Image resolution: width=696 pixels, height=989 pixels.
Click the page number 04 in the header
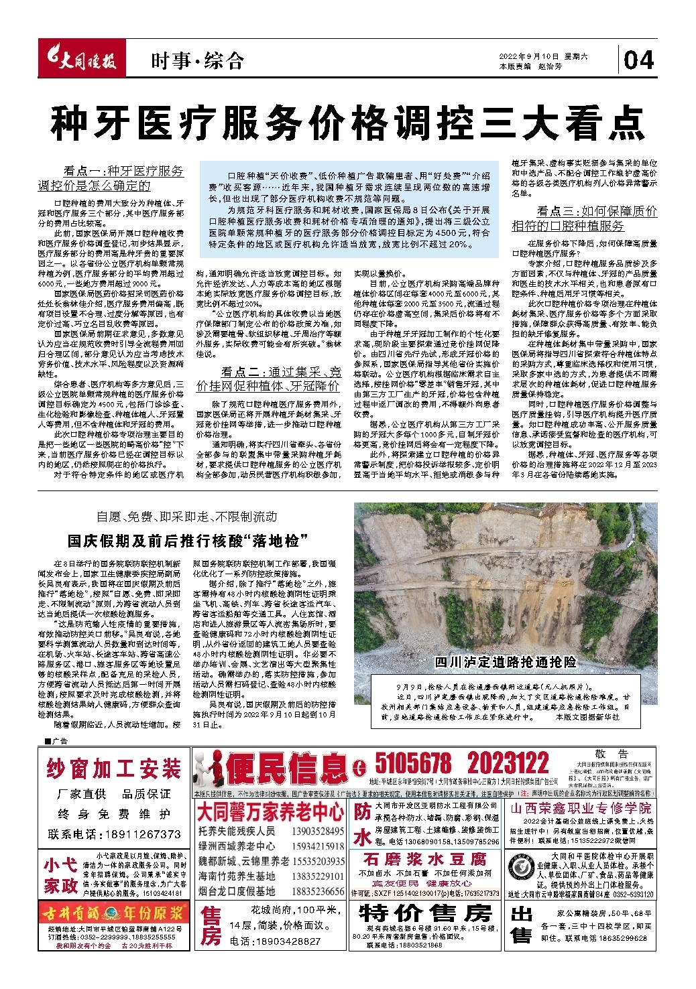click(x=638, y=60)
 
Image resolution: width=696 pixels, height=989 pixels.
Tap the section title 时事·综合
click(x=196, y=61)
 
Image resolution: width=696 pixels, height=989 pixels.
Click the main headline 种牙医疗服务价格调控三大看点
click(x=347, y=122)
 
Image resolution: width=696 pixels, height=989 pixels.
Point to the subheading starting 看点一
click(x=111, y=178)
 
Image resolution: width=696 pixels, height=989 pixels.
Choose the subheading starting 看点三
click(x=584, y=218)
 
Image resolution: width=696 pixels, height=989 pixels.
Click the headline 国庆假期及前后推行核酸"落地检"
click(x=187, y=540)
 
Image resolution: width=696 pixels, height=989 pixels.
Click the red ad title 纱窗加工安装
click(x=114, y=769)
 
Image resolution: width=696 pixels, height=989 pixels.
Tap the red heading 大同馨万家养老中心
click(x=270, y=813)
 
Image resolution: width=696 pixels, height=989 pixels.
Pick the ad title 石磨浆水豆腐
click(x=424, y=859)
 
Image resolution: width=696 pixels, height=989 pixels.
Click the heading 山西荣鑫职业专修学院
click(x=581, y=808)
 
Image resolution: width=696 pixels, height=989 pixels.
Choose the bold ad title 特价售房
click(x=425, y=913)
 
